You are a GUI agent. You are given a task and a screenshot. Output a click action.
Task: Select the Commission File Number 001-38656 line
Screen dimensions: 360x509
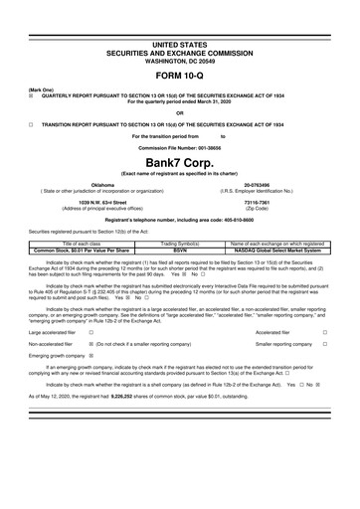tap(180, 146)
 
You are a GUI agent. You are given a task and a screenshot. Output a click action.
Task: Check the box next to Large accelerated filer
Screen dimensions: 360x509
tap(91, 331)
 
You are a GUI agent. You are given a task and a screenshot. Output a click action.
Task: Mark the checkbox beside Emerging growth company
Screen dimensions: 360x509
tap(91, 356)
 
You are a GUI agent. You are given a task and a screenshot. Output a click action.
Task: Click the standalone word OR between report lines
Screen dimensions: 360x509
tap(180, 112)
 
